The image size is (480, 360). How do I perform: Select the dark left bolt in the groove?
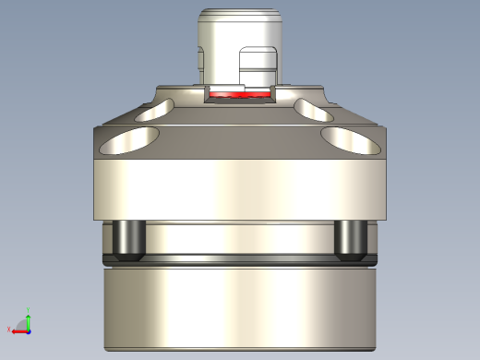126,239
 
